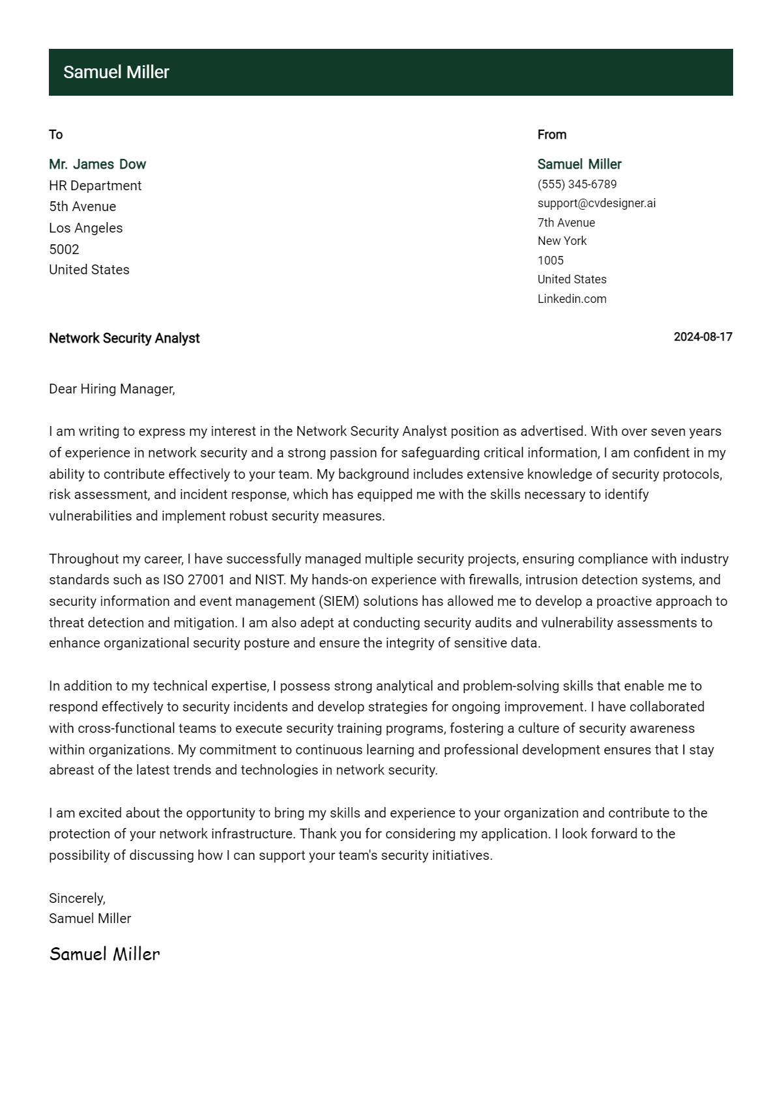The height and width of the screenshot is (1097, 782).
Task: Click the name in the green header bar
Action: pos(116,72)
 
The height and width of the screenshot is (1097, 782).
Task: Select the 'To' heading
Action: pos(55,135)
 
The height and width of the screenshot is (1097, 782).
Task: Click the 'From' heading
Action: pos(551,135)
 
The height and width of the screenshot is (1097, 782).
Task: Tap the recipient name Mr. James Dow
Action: pos(97,164)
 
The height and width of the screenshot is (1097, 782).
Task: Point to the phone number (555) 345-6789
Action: pos(577,184)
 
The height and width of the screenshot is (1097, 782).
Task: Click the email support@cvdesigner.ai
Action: pos(596,203)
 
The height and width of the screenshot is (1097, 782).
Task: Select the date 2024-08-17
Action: pos(702,337)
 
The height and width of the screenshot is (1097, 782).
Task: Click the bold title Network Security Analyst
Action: pos(124,338)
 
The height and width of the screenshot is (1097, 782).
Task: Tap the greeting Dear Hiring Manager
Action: pos(111,389)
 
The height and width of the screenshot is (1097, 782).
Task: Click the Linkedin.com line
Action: pos(572,299)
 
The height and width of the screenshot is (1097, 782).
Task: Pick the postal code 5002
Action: pos(64,249)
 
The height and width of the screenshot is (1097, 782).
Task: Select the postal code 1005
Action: pos(550,261)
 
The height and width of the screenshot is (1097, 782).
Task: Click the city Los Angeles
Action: pos(85,228)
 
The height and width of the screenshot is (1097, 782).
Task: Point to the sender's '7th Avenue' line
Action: pos(566,223)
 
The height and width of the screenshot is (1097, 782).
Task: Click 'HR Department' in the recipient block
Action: pos(95,186)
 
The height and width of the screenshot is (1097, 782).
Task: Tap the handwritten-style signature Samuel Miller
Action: pos(104,954)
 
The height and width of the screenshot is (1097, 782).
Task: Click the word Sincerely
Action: pos(77,898)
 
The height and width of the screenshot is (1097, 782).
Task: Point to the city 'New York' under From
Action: pos(562,241)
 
